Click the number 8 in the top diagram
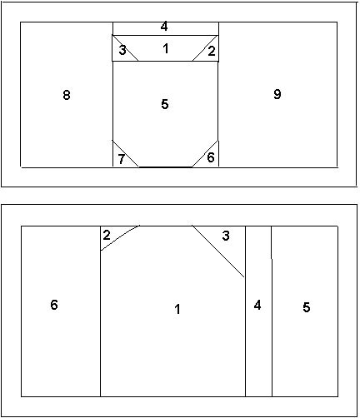pos(67,95)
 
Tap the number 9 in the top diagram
pos(277,94)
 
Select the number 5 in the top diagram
pos(165,104)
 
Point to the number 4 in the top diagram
pos(164,27)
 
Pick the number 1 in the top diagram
pos(166,49)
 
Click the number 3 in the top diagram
pos(122,51)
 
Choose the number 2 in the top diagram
pos(212,51)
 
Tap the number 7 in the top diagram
pos(121,159)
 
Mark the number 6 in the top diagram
pos(211,157)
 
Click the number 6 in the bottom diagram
pos(54,305)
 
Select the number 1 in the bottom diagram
pos(177,309)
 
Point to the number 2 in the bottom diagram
pos(107,236)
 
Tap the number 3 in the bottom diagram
pos(226,236)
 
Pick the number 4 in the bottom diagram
pos(257,306)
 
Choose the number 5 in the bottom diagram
pos(306,307)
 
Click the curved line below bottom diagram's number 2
pos(119,237)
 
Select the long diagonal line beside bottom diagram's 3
pos(218,251)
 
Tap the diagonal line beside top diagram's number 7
pos(125,153)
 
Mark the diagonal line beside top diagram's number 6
pos(205,154)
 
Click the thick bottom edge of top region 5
pos(166,167)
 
